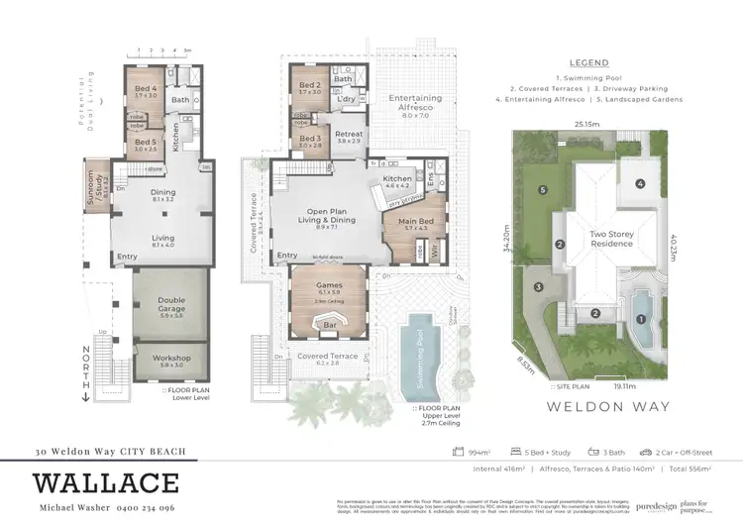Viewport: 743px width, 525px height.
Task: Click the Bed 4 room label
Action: point(147,89)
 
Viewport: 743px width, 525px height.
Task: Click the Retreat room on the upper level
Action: point(349,135)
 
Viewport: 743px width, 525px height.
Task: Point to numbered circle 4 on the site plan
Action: point(641,183)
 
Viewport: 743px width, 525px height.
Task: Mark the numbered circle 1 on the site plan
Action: point(641,318)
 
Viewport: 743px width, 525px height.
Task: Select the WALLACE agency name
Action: point(107,484)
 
